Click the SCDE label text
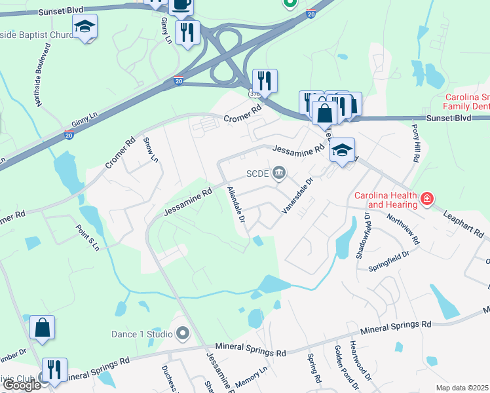(x=257, y=174)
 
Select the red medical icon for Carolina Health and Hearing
(x=427, y=198)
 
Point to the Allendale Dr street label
(x=235, y=205)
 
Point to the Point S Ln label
(x=87, y=236)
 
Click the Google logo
(x=22, y=386)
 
